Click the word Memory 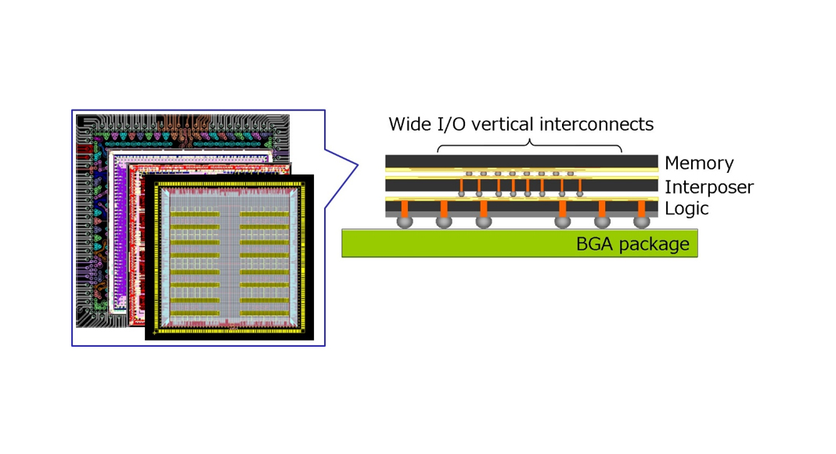pyautogui.click(x=699, y=164)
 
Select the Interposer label pyautogui.click(x=708, y=188)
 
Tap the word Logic pyautogui.click(x=686, y=209)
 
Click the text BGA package pyautogui.click(x=632, y=244)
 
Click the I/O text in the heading pyautogui.click(x=452, y=124)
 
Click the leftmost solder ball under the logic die pyautogui.click(x=404, y=222)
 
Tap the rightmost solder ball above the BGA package pyautogui.click(x=642, y=222)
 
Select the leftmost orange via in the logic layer pyautogui.click(x=404, y=208)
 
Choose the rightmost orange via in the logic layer pyautogui.click(x=642, y=208)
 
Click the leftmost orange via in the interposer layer pyautogui.click(x=462, y=186)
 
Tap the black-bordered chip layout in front pyautogui.click(x=229, y=257)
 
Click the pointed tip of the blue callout pyautogui.click(x=358, y=165)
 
